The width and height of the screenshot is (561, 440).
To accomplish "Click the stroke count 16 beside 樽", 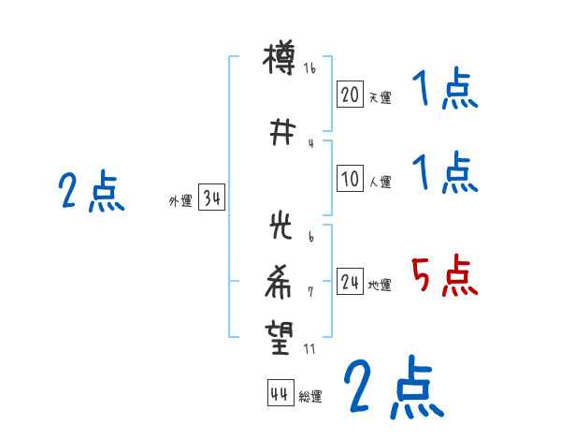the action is [310, 68].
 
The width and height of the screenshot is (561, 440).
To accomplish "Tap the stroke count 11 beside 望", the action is [310, 348].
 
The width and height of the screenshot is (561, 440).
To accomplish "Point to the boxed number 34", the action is [211, 198].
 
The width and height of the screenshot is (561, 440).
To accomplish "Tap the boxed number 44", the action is [280, 393].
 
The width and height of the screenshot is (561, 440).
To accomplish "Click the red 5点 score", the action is [445, 277].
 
